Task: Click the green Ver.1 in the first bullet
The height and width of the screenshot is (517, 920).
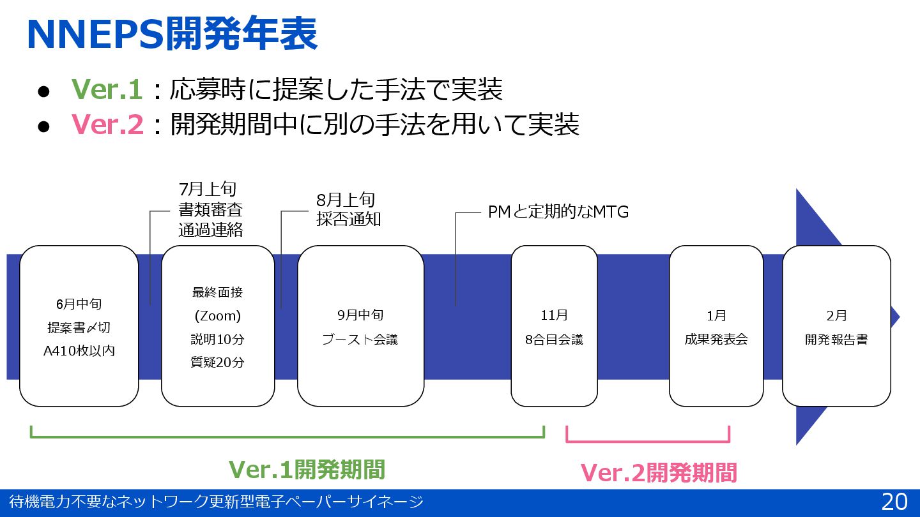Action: pyautogui.click(x=107, y=90)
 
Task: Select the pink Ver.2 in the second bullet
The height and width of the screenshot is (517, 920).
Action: pyautogui.click(x=107, y=124)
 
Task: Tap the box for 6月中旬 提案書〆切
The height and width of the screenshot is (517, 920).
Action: pyautogui.click(x=79, y=326)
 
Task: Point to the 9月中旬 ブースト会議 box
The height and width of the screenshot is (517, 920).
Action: pyautogui.click(x=360, y=326)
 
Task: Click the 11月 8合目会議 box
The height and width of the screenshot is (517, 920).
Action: pyautogui.click(x=554, y=326)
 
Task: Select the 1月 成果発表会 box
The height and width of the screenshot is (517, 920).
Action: pyautogui.click(x=716, y=326)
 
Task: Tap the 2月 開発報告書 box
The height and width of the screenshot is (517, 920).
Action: pyautogui.click(x=836, y=326)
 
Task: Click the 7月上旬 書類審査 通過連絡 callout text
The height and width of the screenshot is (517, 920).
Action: pyautogui.click(x=211, y=209)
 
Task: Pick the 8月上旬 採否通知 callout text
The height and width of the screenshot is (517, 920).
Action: pyautogui.click(x=349, y=209)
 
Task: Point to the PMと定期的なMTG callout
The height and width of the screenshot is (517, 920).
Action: pyautogui.click(x=558, y=212)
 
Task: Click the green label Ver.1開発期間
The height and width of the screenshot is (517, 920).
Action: pyautogui.click(x=307, y=469)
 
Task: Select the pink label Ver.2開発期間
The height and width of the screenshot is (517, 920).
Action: pyautogui.click(x=659, y=473)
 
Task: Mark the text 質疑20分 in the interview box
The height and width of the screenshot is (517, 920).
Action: pyautogui.click(x=217, y=362)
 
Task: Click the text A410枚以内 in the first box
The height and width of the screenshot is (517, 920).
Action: pyautogui.click(x=79, y=350)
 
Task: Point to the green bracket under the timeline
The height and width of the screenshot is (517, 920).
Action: pyautogui.click(x=287, y=437)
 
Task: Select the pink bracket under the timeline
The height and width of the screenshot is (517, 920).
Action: pyautogui.click(x=648, y=440)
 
